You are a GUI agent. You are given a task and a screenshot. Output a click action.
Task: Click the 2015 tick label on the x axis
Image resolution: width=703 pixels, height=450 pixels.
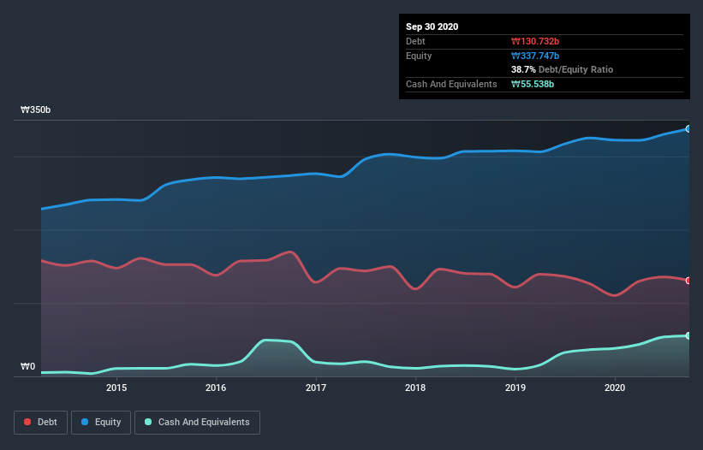[116, 388]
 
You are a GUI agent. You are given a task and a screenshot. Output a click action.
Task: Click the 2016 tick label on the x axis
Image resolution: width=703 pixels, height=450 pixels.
[216, 388]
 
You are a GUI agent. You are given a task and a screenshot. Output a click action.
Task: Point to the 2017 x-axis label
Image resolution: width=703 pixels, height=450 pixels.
[316, 388]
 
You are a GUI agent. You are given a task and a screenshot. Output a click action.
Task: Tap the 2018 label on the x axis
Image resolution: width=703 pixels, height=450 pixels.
[415, 388]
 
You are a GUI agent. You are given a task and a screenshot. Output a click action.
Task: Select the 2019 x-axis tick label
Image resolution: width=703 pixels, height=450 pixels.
[515, 388]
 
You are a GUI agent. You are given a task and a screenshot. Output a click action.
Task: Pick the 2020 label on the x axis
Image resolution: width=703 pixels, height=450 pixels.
[615, 388]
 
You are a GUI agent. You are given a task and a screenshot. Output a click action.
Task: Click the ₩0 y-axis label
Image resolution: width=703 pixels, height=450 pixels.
[28, 367]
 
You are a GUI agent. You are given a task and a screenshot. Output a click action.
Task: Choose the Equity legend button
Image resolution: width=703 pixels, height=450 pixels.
[101, 422]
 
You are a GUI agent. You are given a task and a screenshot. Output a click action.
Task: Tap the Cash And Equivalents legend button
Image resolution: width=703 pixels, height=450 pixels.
[197, 422]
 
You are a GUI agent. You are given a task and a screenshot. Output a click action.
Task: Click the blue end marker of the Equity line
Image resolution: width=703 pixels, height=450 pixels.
[688, 128]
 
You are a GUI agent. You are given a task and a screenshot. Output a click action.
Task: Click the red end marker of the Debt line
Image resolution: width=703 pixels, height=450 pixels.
[688, 281]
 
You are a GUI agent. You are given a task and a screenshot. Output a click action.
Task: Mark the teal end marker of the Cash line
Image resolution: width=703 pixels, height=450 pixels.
[688, 335]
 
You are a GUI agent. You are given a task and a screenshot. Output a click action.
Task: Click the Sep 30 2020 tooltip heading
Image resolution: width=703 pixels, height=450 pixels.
[432, 27]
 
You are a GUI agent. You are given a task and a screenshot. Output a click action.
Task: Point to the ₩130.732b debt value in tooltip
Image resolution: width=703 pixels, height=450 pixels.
[536, 41]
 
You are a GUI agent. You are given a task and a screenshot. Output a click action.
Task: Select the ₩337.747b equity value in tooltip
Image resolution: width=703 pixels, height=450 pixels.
[537, 56]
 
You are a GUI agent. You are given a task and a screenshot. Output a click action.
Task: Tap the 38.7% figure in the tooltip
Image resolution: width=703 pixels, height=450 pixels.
[523, 69]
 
